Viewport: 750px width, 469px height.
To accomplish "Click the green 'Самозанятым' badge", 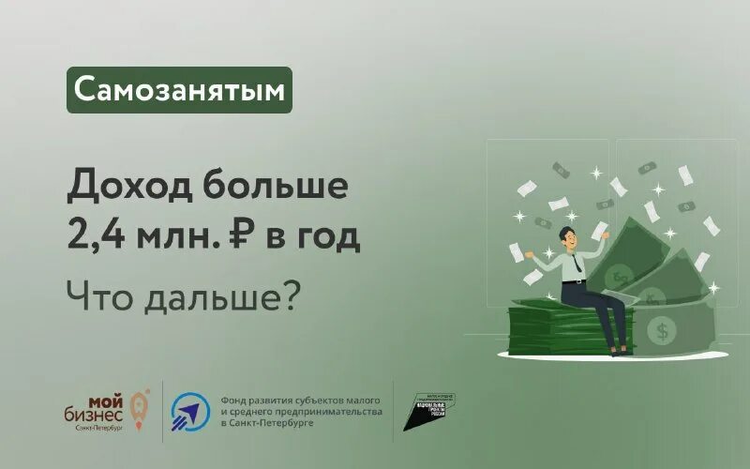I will click(x=179, y=90).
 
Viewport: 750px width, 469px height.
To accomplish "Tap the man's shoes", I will click(x=618, y=350).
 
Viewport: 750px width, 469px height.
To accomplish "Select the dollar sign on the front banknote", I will click(x=663, y=329).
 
